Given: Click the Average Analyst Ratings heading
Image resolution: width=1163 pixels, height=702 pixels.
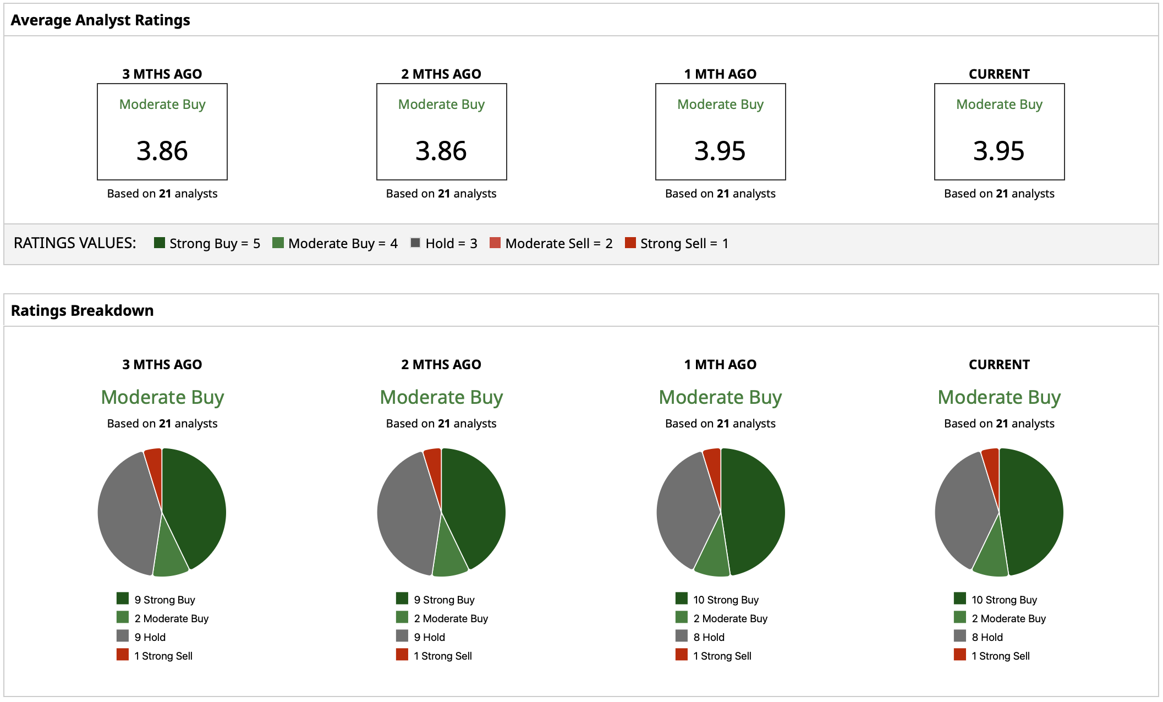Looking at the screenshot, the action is [x=100, y=20].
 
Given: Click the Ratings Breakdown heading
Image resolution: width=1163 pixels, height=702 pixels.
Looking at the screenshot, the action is [x=82, y=311].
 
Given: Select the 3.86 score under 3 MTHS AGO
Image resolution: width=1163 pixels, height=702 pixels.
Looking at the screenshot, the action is [x=162, y=151].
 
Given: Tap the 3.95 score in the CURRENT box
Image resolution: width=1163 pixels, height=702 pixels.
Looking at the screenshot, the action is [x=999, y=151].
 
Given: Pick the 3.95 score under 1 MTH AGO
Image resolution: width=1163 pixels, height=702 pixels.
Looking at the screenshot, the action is [x=720, y=151].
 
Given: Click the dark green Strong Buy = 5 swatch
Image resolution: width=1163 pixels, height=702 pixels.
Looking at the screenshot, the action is [x=160, y=243].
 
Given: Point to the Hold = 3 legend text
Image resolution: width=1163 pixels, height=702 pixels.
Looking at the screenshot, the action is [x=451, y=243].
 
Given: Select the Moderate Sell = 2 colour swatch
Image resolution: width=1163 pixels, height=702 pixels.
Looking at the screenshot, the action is [x=495, y=243].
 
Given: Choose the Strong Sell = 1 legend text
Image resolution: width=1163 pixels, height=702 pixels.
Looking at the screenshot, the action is [x=684, y=243].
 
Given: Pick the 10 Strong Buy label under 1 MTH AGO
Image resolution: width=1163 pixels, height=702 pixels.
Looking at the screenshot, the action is [x=726, y=600].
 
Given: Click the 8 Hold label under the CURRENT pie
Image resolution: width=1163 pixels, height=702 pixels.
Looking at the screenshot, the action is [x=987, y=637].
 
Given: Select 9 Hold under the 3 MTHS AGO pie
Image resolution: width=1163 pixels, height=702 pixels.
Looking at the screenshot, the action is [x=150, y=637].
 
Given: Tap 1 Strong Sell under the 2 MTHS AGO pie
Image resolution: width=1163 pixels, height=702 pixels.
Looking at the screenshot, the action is [x=443, y=656].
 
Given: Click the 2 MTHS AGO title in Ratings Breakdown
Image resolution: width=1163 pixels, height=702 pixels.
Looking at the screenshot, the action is [x=441, y=365].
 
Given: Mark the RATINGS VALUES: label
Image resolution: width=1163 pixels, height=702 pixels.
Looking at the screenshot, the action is [x=75, y=243].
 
